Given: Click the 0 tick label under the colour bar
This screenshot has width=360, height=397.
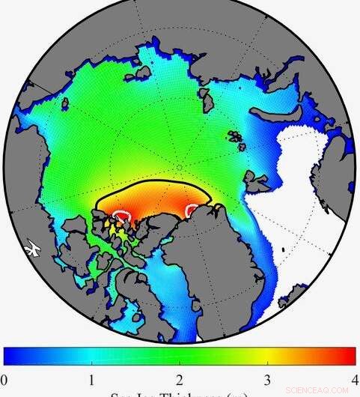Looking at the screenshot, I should (x=4, y=378).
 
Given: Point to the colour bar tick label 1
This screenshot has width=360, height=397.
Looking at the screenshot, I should (x=91, y=378).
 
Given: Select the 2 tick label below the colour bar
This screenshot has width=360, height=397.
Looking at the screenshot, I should (x=180, y=378).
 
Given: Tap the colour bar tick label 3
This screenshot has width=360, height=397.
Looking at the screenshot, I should (x=267, y=378).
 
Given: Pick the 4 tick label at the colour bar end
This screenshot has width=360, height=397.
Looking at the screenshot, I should (x=354, y=378).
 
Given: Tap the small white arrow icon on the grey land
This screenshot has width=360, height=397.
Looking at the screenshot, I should (x=31, y=246).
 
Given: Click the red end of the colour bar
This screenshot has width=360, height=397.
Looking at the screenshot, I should (x=348, y=355).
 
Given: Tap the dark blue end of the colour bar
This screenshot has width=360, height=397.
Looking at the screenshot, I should (x=9, y=355).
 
